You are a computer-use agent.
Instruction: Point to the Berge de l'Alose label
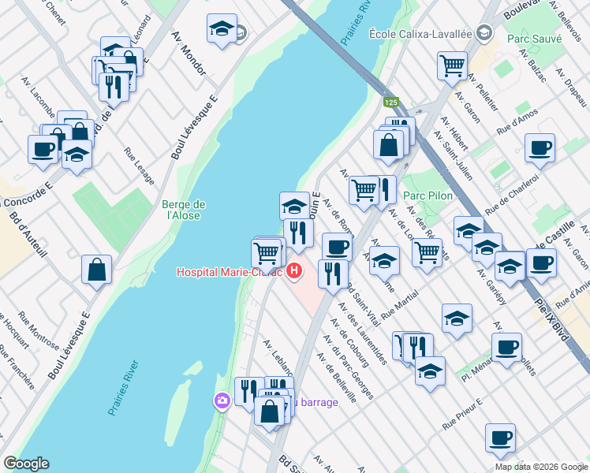pyautogui.click(x=181, y=210)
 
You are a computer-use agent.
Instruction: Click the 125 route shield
pyautogui.click(x=391, y=102)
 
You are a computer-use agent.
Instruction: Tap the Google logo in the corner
pyautogui.click(x=25, y=464)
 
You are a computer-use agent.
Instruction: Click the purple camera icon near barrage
pyautogui.click(x=222, y=401)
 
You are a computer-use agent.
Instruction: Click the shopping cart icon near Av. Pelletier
pyautogui.click(x=452, y=65)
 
